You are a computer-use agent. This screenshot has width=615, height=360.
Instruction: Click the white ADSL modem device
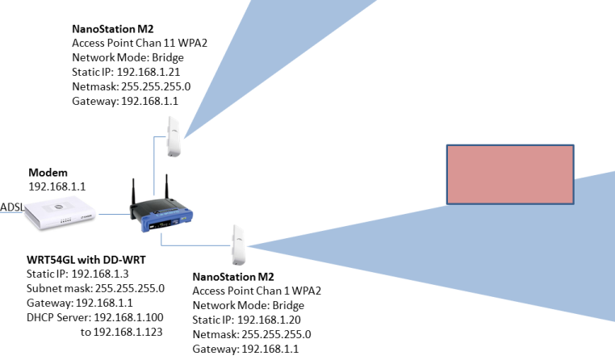[61, 214]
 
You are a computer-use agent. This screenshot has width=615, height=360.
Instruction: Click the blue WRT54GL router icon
[161, 216]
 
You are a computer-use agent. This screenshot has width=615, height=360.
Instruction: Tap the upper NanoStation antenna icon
[174, 136]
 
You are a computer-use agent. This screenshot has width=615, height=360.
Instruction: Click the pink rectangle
[510, 174]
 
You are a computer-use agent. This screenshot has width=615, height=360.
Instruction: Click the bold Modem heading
[48, 174]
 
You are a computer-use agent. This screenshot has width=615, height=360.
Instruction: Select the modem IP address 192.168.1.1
[57, 186]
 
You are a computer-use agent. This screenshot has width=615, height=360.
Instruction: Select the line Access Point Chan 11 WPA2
[140, 44]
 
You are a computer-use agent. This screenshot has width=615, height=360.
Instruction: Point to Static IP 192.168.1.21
[124, 72]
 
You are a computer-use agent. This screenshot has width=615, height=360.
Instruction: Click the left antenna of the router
[133, 191]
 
